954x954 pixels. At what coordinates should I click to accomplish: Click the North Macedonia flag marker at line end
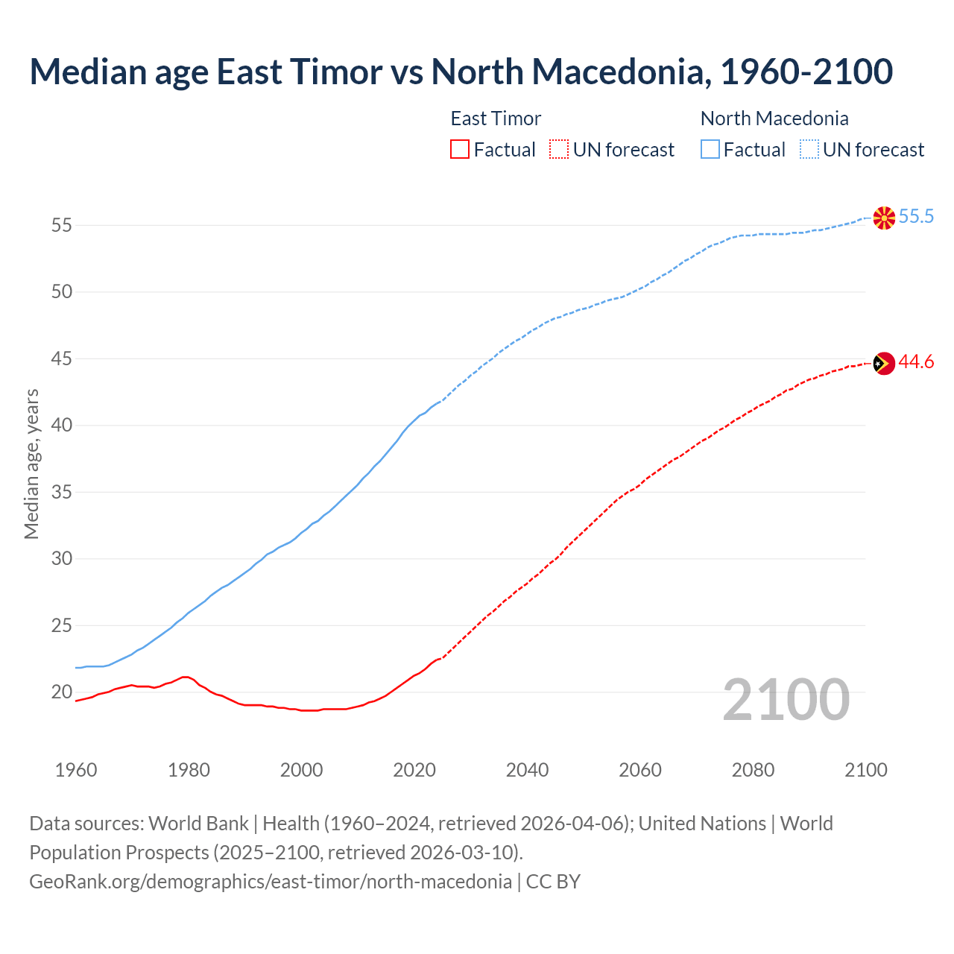(884, 218)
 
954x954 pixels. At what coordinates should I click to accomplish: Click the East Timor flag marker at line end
(884, 364)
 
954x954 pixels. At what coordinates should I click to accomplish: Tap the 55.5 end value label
(916, 217)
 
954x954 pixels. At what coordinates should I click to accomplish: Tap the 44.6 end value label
(916, 362)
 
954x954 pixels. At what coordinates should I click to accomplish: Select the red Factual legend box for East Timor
(460, 150)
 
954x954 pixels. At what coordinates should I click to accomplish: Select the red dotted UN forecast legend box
(559, 150)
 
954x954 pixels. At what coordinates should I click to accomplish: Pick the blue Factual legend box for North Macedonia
(710, 150)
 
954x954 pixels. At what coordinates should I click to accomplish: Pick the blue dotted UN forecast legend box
(809, 150)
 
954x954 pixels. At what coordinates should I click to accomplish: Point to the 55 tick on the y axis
(62, 225)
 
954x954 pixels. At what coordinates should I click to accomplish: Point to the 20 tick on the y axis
(62, 692)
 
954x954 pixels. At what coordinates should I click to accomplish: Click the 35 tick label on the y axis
(62, 493)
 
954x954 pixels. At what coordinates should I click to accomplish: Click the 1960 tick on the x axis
(76, 770)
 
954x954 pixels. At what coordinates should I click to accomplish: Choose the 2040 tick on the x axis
(527, 770)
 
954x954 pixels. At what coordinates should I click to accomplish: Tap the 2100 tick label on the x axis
(866, 770)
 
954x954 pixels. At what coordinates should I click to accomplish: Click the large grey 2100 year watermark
(786, 699)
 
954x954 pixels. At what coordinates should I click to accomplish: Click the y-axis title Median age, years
(31, 464)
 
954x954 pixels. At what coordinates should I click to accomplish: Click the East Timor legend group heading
(496, 119)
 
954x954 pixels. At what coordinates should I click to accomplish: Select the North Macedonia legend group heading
(774, 119)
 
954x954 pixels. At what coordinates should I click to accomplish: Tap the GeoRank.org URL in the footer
(271, 882)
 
